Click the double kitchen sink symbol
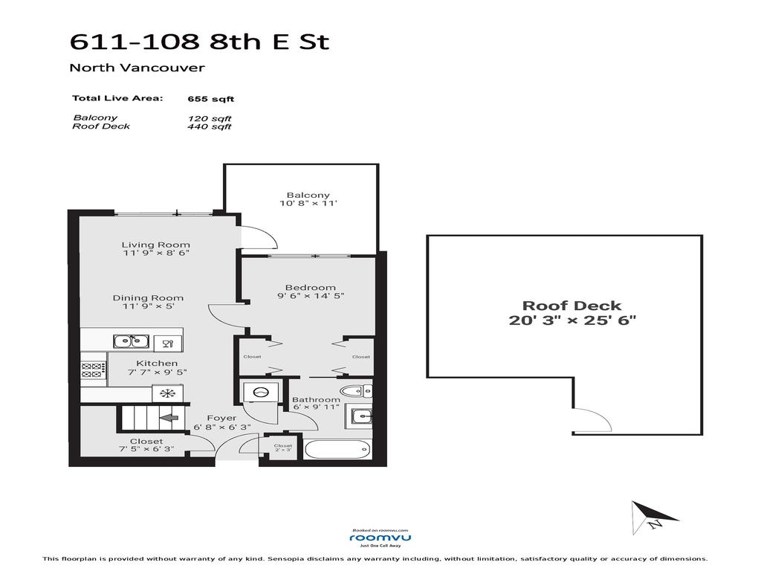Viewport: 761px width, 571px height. coord(132,341)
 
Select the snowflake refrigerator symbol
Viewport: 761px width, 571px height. coord(166,393)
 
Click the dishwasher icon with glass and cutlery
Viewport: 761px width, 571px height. coord(168,342)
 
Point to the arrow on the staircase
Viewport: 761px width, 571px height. coord(169,418)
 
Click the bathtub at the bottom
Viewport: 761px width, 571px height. coord(338,451)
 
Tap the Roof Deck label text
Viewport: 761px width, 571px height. coord(571,306)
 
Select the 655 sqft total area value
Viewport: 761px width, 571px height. coord(211,98)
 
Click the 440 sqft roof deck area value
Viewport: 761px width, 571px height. coord(210,126)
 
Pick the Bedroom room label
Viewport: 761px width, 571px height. coord(310,288)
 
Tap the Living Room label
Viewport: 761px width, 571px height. coord(156,245)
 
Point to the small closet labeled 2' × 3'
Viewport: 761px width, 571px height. coord(282,449)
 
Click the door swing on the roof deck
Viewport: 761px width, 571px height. coord(592,422)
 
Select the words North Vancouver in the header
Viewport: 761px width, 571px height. coord(137,68)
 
